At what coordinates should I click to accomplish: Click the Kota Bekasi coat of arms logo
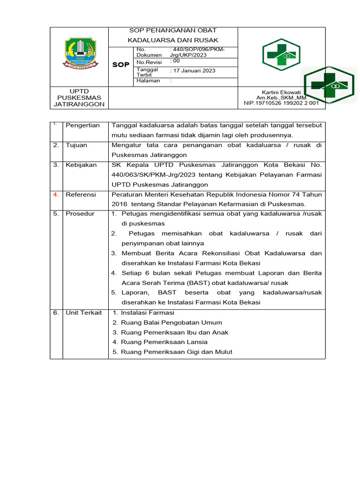(x=80, y=53)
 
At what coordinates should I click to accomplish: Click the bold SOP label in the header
(x=120, y=65)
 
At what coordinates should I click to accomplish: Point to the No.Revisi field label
(x=149, y=62)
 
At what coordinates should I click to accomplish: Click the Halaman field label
(x=148, y=81)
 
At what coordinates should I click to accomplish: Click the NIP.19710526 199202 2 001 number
(x=281, y=103)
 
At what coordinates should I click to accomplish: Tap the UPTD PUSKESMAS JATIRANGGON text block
(x=79, y=97)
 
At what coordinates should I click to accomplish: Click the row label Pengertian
(x=83, y=125)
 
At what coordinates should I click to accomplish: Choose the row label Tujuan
(x=76, y=145)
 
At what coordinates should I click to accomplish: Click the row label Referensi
(x=81, y=194)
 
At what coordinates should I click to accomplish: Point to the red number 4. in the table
(x=56, y=194)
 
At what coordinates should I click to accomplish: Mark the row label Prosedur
(x=80, y=214)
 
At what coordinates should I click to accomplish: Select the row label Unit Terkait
(x=83, y=313)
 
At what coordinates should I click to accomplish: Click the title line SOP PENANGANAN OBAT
(x=173, y=30)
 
